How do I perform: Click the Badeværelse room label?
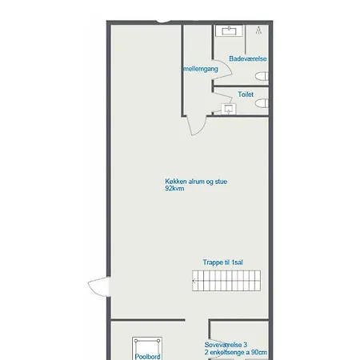248,58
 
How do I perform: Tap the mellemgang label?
201,69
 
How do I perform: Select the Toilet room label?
246,94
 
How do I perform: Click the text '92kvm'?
174,189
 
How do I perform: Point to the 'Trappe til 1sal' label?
222,262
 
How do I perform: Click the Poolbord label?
147,357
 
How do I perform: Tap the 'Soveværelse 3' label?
226,345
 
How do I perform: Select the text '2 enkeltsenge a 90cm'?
236,352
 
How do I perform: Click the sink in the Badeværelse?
229,30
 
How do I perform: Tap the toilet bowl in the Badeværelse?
262,76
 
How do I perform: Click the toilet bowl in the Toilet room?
262,103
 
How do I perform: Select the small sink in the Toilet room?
229,109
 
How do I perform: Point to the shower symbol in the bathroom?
258,30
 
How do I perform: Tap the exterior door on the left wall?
99,286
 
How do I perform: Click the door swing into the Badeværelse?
223,70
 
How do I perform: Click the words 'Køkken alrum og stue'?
196,182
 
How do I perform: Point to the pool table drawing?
147,348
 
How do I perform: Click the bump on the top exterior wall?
163,22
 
